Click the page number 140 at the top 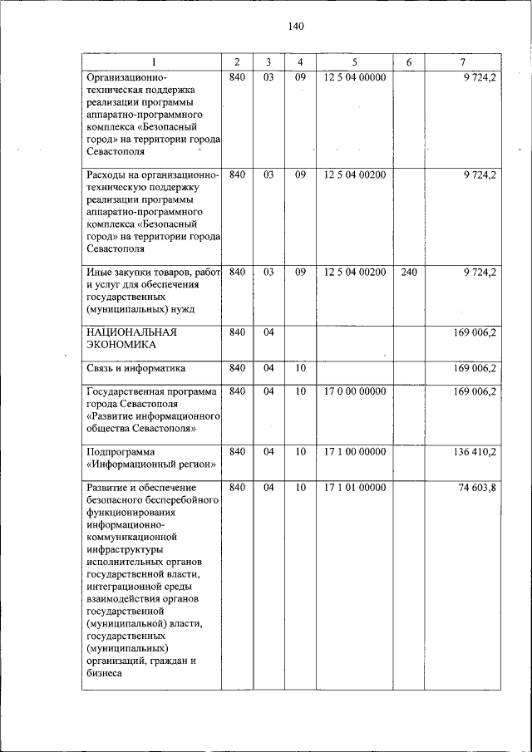click(x=296, y=26)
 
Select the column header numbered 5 click(x=354, y=62)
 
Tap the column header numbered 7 click(x=462, y=62)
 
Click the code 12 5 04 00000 click(x=354, y=77)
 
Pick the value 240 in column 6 click(x=409, y=272)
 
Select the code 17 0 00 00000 click(x=354, y=391)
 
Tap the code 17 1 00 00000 click(x=354, y=452)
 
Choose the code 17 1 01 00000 click(x=354, y=488)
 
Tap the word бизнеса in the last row click(x=104, y=673)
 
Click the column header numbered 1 click(x=153, y=62)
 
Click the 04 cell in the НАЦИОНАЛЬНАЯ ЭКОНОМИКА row click(x=268, y=332)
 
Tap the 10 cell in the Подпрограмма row click(x=300, y=452)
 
